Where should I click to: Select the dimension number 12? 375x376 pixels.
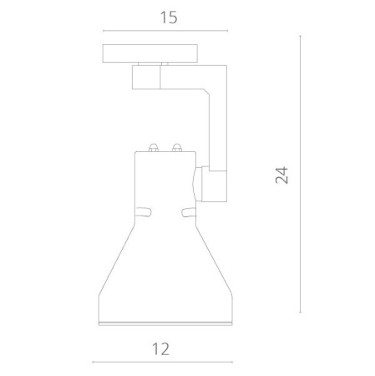pos(162,348)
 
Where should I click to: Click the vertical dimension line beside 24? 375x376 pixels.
pos(300,174)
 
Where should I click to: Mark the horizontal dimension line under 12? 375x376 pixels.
pos(162,363)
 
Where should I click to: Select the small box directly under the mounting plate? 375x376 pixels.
pos(147,79)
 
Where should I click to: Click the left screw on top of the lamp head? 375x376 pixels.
pos(153,150)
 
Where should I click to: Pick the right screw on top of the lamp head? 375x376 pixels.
pos(176,150)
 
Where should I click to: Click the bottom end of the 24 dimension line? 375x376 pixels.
pos(300,312)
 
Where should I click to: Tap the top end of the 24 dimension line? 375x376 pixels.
pos(300,36)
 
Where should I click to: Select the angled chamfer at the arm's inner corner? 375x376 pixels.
pos(205,92)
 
